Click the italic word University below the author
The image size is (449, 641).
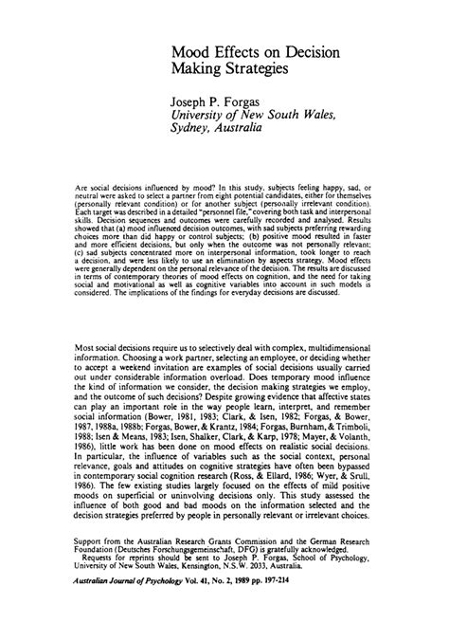[200, 114]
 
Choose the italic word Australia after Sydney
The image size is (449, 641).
[237, 129]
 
